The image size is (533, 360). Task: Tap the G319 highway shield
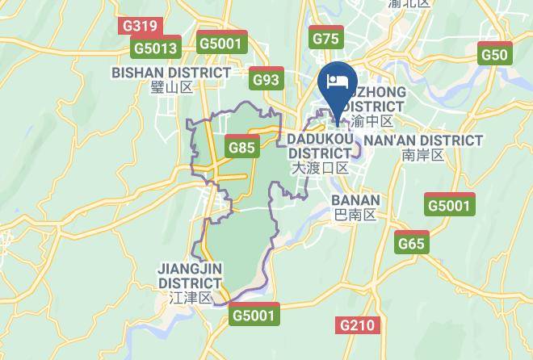pyautogui.click(x=138, y=27)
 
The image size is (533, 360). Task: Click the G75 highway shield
pyautogui.click(x=327, y=38)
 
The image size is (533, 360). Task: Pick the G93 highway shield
pyautogui.click(x=266, y=79)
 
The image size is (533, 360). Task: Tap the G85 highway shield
pyautogui.click(x=242, y=148)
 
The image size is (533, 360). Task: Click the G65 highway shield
pyautogui.click(x=411, y=243)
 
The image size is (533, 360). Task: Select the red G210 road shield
pyautogui.click(x=356, y=325)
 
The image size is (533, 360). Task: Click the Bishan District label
pyautogui.click(x=171, y=73)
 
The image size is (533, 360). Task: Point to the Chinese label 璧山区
pyautogui.click(x=172, y=88)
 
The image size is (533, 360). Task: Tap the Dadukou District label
pyautogui.click(x=321, y=146)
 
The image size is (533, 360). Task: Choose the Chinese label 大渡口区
pyautogui.click(x=321, y=168)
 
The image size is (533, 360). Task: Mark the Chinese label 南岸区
pyautogui.click(x=423, y=155)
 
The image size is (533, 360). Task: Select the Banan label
pyautogui.click(x=356, y=199)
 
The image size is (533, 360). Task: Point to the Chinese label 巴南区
pyautogui.click(x=356, y=215)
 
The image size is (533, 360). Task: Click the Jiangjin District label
pyautogui.click(x=190, y=275)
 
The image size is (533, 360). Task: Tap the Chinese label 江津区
pyautogui.click(x=190, y=298)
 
